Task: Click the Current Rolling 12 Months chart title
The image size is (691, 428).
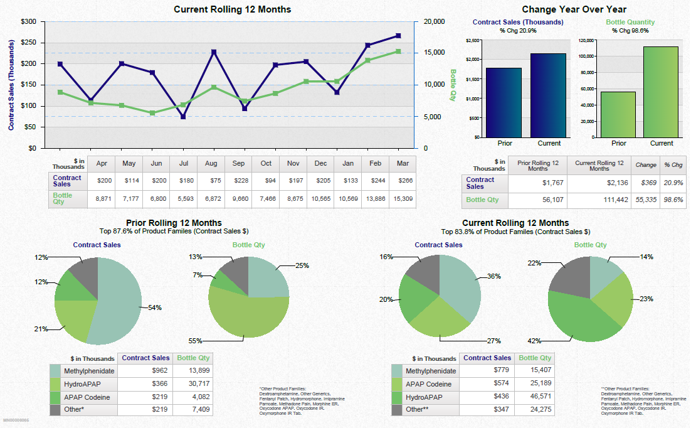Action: click(232, 9)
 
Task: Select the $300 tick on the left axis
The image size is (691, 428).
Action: click(29, 21)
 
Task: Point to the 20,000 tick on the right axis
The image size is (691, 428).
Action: click(435, 21)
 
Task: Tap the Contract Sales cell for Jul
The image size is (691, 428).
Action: click(184, 181)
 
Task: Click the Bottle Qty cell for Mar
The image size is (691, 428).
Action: click(402, 198)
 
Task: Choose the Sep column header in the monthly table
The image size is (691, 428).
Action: click(238, 164)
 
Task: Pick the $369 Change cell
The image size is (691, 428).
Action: click(646, 183)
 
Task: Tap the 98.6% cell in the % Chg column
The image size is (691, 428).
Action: click(673, 200)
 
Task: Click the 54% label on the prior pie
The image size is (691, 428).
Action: click(154, 308)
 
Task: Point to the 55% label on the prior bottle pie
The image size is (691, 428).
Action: click(195, 341)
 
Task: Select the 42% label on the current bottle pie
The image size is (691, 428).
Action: click(535, 341)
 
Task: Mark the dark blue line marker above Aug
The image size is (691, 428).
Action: click(214, 52)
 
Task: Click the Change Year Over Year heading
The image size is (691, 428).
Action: click(574, 9)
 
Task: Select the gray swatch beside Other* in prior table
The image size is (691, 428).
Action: click(55, 409)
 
